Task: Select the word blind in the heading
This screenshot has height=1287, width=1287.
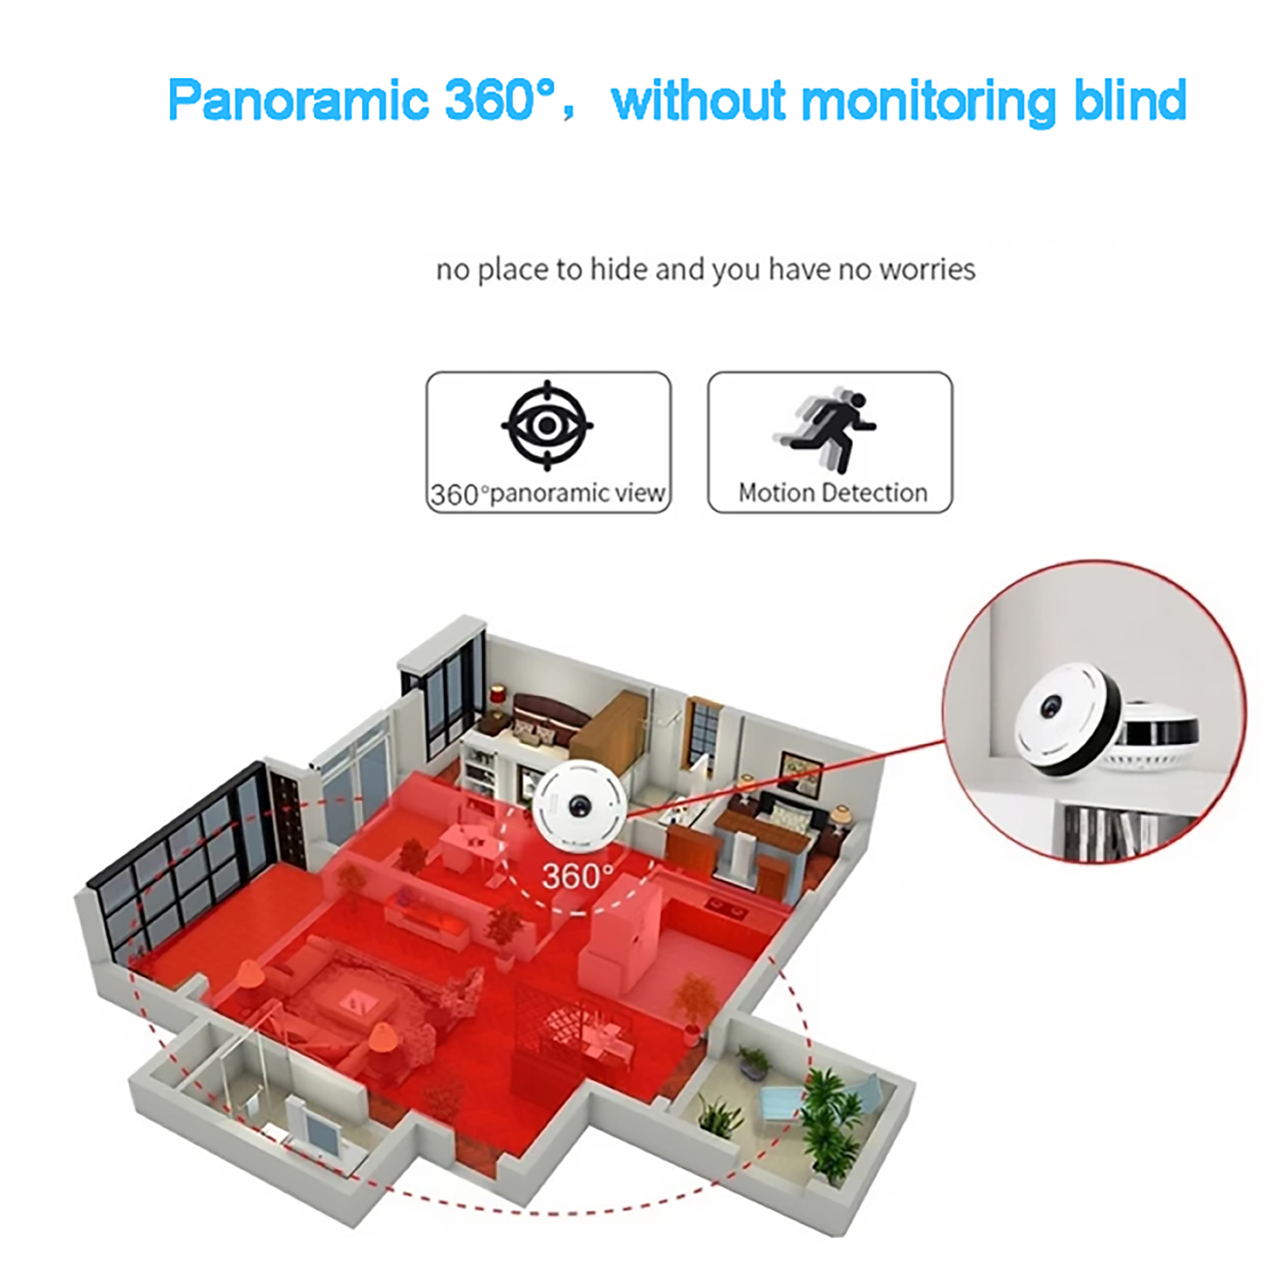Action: (1130, 100)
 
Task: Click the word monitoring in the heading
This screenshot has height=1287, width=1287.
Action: (929, 102)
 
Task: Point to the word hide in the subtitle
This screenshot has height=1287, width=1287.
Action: (619, 269)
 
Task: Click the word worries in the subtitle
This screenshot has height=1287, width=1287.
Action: (927, 269)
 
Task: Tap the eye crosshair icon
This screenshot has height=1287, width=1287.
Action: (547, 426)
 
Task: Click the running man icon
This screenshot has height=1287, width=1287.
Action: (825, 432)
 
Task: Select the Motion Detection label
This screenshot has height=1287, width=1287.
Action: (832, 492)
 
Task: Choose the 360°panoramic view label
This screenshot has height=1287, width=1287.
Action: (547, 494)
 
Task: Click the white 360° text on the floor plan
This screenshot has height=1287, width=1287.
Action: (577, 876)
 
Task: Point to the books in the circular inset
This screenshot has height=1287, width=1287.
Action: (1115, 832)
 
